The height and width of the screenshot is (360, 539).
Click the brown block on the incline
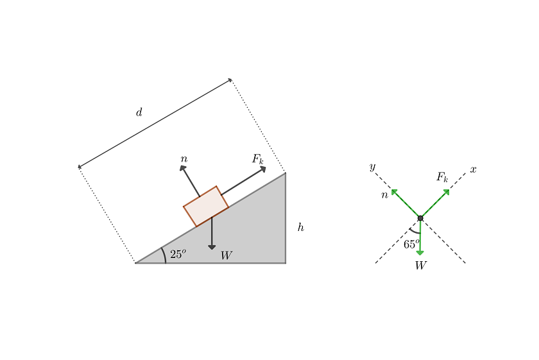(206, 206)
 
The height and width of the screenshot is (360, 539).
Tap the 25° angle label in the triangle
(178, 253)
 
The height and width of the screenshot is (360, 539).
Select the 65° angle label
(411, 244)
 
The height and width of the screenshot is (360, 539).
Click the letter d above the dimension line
(139, 112)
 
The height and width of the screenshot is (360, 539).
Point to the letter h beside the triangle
(301, 227)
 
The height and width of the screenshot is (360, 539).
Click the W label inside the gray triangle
(226, 255)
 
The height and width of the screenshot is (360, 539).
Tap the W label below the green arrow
(421, 266)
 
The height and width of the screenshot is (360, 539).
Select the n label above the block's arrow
(184, 159)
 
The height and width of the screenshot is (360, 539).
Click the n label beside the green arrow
(384, 195)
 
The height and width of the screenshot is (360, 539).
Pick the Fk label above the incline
(258, 159)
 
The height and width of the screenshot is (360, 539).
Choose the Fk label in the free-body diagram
(442, 177)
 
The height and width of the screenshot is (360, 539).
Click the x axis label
(474, 169)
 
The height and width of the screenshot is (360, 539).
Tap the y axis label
(372, 167)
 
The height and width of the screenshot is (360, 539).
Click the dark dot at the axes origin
(420, 218)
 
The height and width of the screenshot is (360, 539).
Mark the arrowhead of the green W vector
(420, 253)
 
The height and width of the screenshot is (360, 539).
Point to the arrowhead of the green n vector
(394, 192)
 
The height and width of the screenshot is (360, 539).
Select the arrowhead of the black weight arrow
(212, 247)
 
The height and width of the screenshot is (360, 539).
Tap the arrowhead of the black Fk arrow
(263, 169)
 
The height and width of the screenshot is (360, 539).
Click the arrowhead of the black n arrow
(182, 168)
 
